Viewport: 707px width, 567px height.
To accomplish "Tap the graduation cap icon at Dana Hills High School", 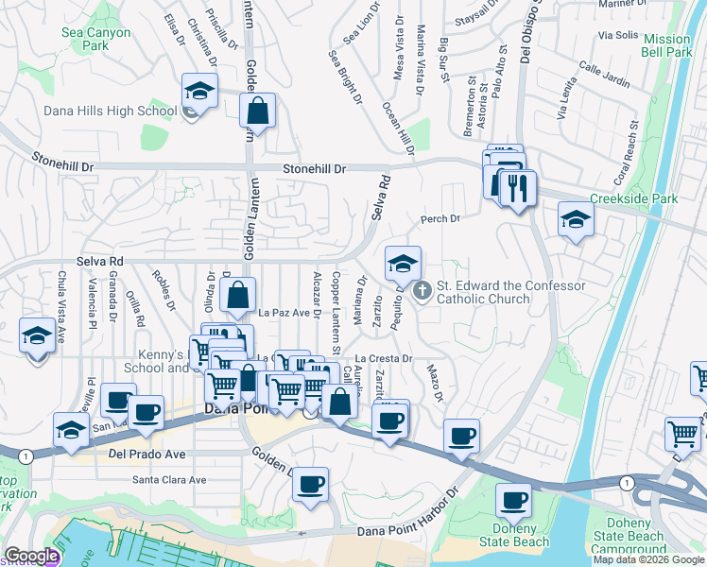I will click(x=199, y=92).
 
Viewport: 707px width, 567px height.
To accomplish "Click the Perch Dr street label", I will click(x=440, y=218).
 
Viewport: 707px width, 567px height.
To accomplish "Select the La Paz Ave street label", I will click(x=285, y=313).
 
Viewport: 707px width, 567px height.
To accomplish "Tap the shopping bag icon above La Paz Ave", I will click(x=238, y=295).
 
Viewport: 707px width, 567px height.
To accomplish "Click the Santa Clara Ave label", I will click(x=169, y=480).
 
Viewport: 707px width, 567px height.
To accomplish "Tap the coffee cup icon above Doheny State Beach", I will click(x=515, y=501).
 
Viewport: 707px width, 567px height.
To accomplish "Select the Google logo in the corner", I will click(x=31, y=557).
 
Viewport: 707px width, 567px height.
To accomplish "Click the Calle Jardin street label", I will click(x=604, y=76).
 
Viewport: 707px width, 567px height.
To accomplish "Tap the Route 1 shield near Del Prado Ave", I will click(x=25, y=455).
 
